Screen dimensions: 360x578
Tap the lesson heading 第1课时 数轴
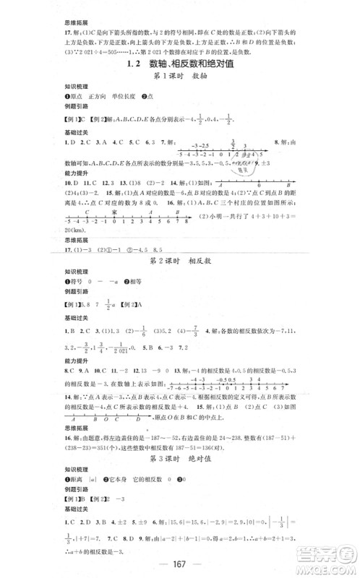[x=180, y=79]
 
